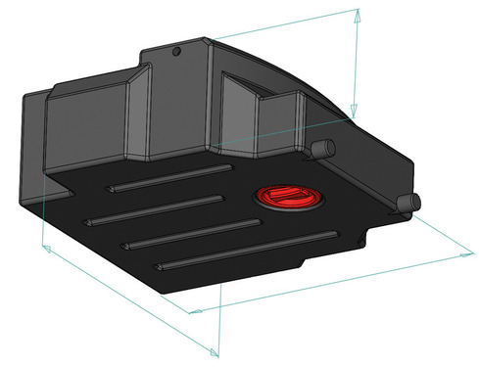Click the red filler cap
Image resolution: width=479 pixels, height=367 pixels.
[x=284, y=197]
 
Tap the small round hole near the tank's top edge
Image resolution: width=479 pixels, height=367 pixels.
[x=176, y=51]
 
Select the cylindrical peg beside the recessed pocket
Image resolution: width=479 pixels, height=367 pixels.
[x=323, y=148]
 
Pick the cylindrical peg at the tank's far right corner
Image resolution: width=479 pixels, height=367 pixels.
[x=409, y=202]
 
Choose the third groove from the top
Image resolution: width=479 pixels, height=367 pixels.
[x=192, y=232]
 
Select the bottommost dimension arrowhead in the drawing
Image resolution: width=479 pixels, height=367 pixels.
[x=216, y=351]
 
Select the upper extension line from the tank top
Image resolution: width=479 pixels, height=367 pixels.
[x=284, y=23]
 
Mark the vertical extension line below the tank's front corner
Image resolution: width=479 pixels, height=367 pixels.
[x=218, y=323]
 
